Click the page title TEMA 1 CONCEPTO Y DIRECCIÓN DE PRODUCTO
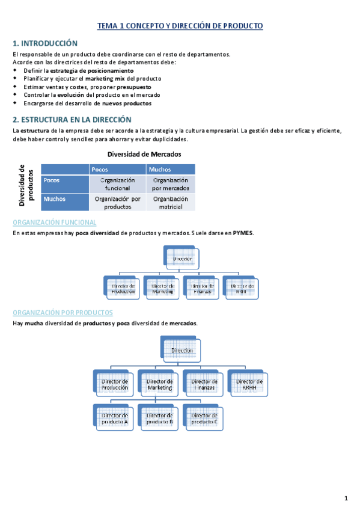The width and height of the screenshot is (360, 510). [x=180, y=26]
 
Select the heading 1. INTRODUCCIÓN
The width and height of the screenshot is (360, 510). [x=46, y=43]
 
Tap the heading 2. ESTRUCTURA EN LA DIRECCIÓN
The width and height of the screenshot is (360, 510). [x=72, y=120]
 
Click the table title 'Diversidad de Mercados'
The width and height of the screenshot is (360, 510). [x=143, y=154]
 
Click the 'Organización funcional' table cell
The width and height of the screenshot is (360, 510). [x=118, y=184]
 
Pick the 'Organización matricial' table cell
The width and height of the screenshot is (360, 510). [x=171, y=203]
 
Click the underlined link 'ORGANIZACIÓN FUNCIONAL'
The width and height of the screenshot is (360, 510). [x=54, y=223]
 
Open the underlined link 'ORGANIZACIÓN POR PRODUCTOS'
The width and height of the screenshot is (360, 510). [x=63, y=313]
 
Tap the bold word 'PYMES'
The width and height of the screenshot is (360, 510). [x=244, y=233]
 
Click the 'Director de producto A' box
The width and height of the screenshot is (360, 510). [x=114, y=418]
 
